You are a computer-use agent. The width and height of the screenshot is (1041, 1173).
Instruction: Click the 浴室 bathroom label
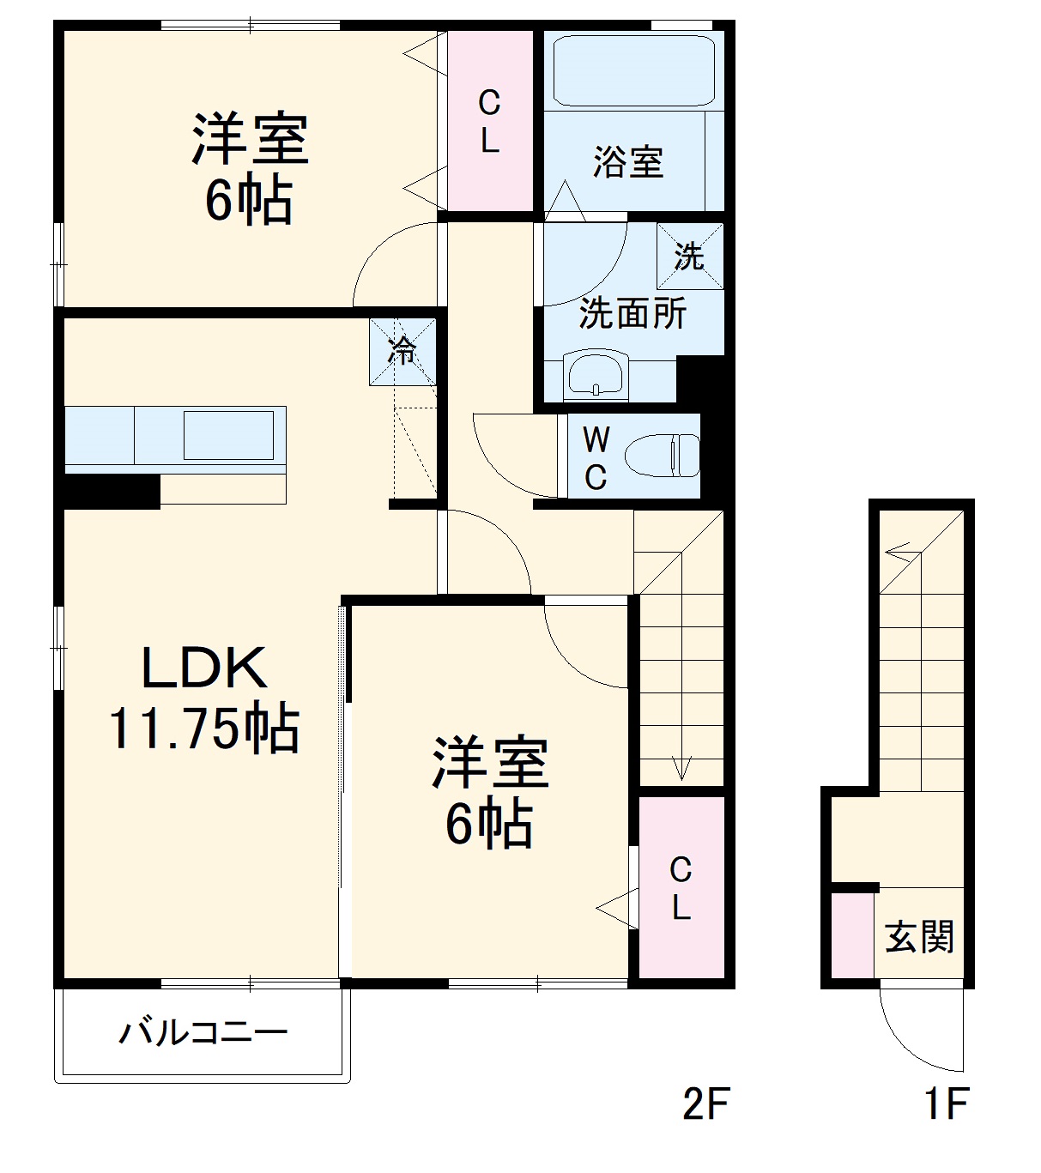pos(628,161)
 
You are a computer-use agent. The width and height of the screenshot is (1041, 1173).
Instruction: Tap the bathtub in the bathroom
pos(633,70)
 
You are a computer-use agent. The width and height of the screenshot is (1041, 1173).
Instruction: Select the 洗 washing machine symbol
pos(689,256)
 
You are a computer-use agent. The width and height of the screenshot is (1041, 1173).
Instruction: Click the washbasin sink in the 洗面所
pos(596,375)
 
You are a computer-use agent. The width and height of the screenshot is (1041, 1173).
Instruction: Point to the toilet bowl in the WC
pos(662,455)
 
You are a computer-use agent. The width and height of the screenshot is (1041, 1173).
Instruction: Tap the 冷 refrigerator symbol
pos(402,350)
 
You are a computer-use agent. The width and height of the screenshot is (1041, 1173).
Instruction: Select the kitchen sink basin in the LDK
pos(228,435)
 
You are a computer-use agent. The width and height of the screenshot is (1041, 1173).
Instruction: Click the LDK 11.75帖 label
pos(203,698)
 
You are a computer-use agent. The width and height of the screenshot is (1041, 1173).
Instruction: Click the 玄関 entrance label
pos(919,936)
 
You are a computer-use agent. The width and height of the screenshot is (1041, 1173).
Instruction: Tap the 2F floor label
pos(705,1105)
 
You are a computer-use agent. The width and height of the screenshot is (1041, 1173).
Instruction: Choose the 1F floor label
pos(945,1105)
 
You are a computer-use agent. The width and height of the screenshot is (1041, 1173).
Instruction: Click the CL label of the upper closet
pos(489,122)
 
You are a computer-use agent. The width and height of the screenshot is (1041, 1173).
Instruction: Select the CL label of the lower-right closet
pos(681,888)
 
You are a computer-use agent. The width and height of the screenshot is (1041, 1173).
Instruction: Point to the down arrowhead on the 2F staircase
pos(681,768)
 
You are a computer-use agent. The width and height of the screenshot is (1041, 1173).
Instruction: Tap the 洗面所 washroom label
pos(632,314)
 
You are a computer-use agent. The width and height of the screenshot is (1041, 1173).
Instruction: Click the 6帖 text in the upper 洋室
pos(248,200)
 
